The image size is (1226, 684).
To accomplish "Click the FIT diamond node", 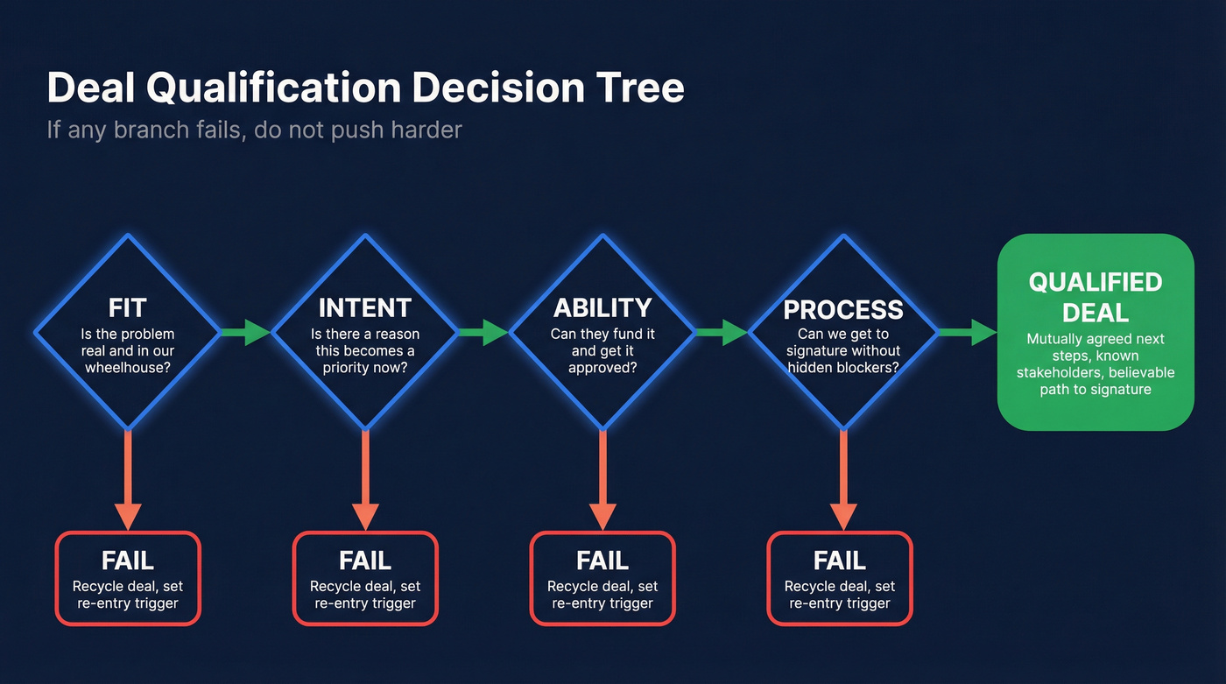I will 128,332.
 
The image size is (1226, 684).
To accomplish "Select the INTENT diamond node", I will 365,332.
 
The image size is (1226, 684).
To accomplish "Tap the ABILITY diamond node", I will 602,332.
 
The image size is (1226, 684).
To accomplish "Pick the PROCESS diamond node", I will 843,332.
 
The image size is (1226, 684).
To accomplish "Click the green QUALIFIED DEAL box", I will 1096,332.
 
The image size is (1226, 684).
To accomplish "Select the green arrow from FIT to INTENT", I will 246,332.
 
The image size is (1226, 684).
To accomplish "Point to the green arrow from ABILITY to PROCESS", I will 722,332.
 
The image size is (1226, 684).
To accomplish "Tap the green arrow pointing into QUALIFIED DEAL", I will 968,332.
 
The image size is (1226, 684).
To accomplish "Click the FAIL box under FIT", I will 128,578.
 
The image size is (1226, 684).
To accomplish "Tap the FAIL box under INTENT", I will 365,578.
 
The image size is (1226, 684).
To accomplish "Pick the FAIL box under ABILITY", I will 602,578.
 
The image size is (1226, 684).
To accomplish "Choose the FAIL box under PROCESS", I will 840,578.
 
